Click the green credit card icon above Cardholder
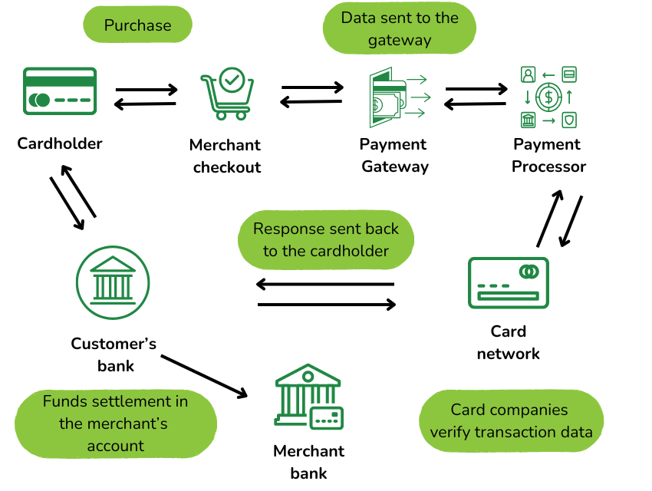59,91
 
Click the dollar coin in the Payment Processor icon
548,97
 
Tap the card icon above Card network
508,282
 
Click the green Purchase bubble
137,25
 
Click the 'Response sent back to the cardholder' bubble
325,240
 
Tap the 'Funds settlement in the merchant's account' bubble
115,423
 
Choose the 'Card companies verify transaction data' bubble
511,421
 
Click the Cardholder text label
60,143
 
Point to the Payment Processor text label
548,156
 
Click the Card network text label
508,342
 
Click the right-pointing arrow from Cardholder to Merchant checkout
147,91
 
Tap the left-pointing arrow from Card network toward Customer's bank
325,285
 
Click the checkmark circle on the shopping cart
232,77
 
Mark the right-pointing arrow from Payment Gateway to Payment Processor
476,89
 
